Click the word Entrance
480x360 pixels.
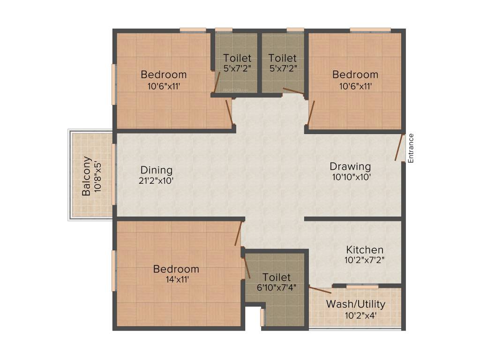(411, 148)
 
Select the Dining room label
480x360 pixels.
(157, 170)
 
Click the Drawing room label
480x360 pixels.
(350, 166)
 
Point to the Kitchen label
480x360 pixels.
(365, 249)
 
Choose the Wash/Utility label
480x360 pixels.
(356, 304)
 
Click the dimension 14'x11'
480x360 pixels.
(176, 280)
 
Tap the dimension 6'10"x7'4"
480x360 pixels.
(277, 287)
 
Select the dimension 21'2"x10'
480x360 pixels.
(157, 181)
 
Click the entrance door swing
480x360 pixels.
(399, 148)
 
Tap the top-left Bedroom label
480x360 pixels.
(164, 74)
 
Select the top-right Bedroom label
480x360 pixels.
(355, 74)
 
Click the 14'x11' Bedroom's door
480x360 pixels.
(239, 233)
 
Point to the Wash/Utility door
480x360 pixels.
(320, 290)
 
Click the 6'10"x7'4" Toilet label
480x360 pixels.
(277, 277)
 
